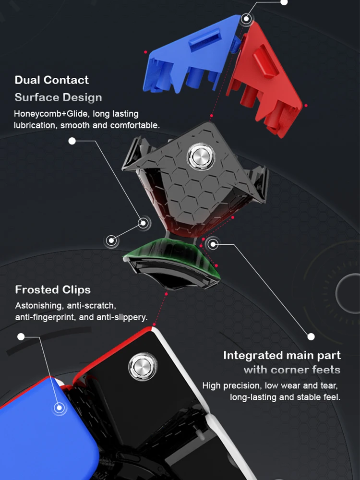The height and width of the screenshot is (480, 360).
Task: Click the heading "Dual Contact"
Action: tap(52, 80)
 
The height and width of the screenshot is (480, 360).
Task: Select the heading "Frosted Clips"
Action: tap(53, 290)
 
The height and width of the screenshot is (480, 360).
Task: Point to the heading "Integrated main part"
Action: tap(282, 356)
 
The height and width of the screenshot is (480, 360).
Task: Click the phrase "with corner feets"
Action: tap(292, 370)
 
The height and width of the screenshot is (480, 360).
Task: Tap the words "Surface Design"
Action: tap(58, 97)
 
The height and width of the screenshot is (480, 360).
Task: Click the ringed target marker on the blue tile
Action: tap(60, 408)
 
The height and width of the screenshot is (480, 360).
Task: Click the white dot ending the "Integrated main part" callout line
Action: tap(311, 336)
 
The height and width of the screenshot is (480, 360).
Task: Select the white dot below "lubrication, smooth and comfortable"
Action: tap(72, 141)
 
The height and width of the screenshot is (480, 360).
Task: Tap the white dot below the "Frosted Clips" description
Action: tap(21, 336)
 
